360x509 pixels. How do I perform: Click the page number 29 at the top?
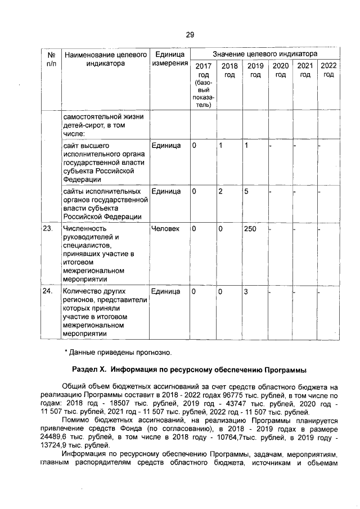click(190, 34)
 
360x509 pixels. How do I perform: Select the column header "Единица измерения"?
click(170, 59)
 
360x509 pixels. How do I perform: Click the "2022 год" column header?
click(328, 71)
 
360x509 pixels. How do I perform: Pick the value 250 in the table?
click(250, 229)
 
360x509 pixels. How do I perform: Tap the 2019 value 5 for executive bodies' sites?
click(246, 191)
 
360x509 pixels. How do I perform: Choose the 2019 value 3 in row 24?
click(246, 291)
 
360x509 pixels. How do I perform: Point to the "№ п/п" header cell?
click(50, 59)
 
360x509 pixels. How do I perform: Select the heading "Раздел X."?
click(90, 371)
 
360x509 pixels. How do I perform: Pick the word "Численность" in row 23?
click(85, 229)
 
